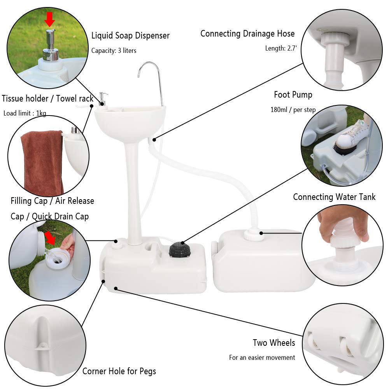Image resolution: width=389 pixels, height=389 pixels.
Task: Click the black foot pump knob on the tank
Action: coord(180,249)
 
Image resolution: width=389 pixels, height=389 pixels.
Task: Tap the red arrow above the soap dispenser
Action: coord(50,19)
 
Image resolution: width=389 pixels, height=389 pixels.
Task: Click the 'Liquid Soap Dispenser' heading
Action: coord(130,36)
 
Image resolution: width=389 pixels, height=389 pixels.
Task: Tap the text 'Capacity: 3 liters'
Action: coord(114,51)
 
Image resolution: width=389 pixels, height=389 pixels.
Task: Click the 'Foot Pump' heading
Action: coord(293,95)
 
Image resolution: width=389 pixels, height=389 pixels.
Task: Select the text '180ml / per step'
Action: coord(293,110)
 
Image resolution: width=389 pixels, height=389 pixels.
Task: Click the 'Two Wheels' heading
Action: coord(274,343)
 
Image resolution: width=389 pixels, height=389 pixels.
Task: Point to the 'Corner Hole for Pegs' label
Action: coord(119,371)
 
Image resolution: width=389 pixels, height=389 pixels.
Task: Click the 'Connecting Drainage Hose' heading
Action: coord(247,34)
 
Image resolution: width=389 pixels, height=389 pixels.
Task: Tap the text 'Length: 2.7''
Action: coord(279,49)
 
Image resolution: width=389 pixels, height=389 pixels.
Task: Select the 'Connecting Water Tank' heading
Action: coord(334,197)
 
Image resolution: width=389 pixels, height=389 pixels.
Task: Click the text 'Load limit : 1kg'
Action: coord(25,114)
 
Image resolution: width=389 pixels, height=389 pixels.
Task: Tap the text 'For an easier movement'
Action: coord(262,357)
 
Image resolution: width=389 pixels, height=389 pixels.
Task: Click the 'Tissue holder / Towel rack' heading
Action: coord(47,98)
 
